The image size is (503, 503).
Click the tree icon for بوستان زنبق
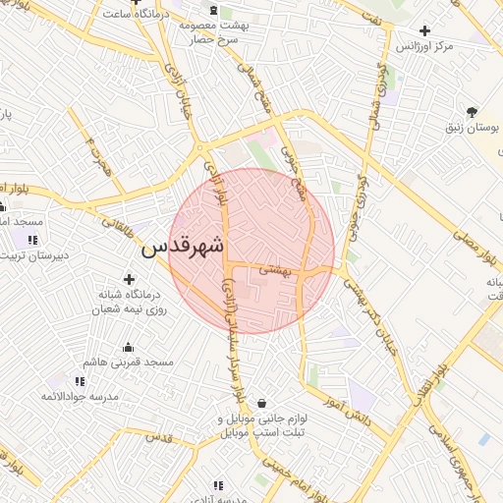pos(473,111)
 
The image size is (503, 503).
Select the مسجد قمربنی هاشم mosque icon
pos(128,347)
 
